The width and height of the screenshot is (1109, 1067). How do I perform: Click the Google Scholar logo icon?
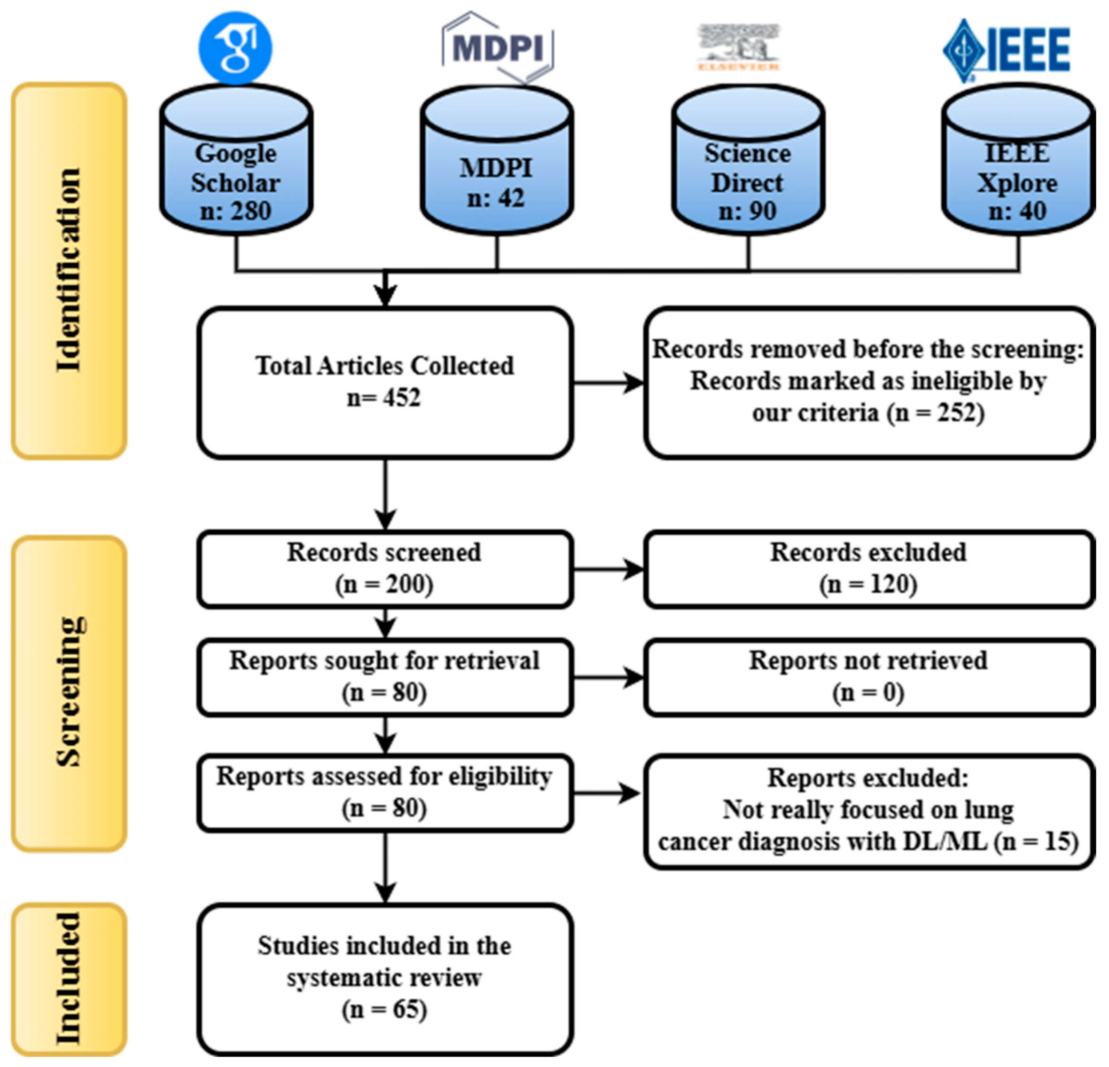235,47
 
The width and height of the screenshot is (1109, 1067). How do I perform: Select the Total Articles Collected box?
385,382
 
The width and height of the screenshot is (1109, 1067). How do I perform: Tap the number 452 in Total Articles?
402,398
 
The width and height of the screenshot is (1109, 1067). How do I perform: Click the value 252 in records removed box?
956,413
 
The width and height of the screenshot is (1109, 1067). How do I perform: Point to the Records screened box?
385,568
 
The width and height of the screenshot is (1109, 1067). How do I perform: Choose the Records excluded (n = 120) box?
868,568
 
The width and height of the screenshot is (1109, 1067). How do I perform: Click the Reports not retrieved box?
868,676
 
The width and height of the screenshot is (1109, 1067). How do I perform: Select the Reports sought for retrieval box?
385,676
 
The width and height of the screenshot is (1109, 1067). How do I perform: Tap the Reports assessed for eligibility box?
385,792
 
